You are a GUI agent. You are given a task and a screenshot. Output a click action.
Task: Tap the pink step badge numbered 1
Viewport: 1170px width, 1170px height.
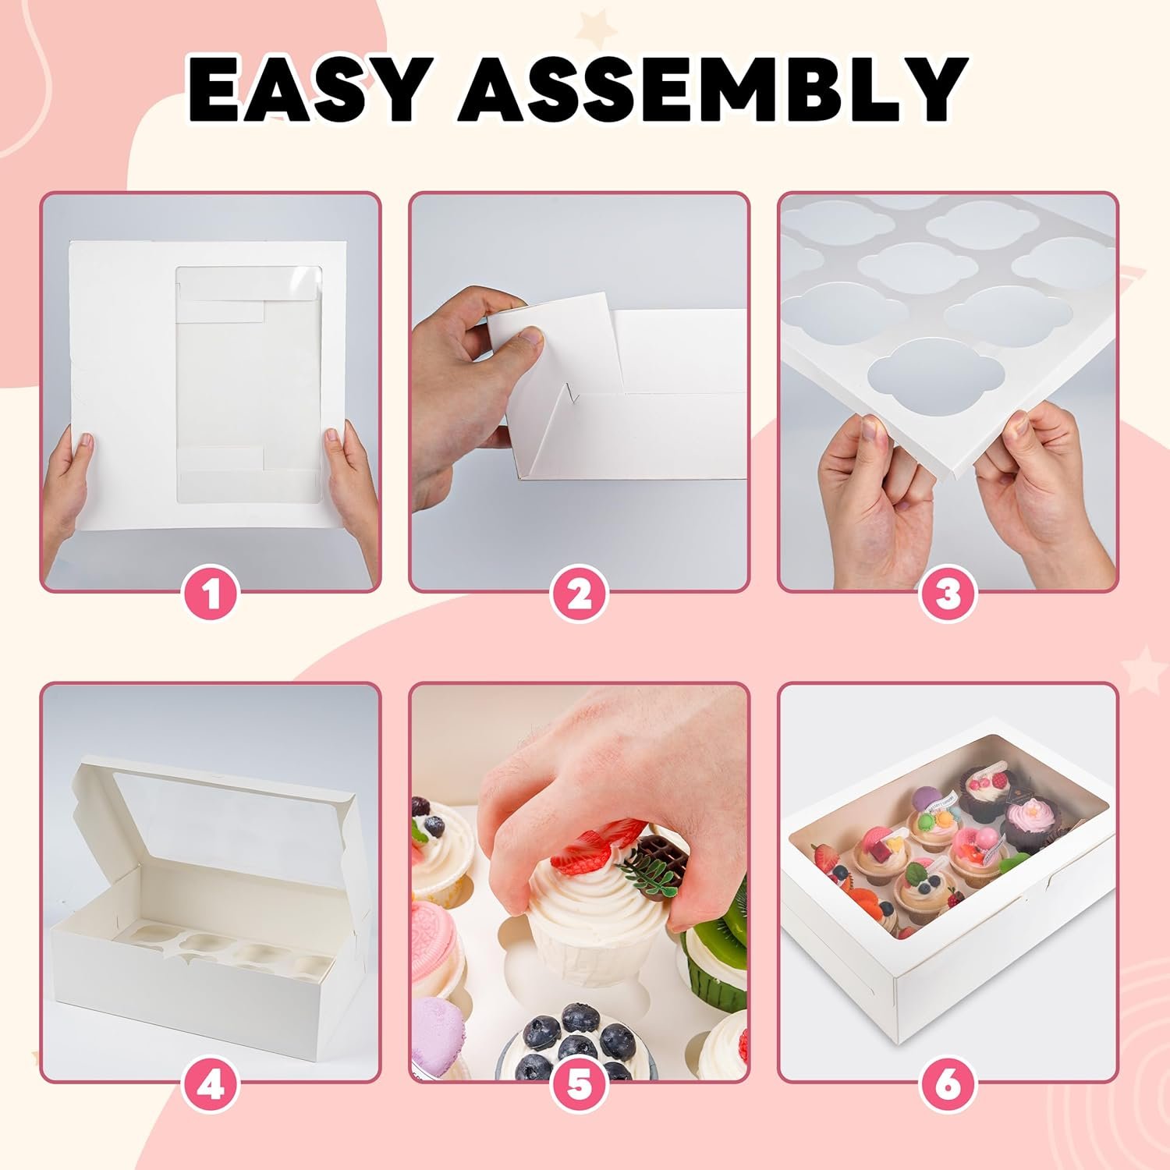211,597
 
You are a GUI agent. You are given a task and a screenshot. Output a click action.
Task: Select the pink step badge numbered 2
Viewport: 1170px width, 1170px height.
579,597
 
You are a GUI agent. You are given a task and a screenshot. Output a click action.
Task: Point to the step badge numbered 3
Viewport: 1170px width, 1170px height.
948,597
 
